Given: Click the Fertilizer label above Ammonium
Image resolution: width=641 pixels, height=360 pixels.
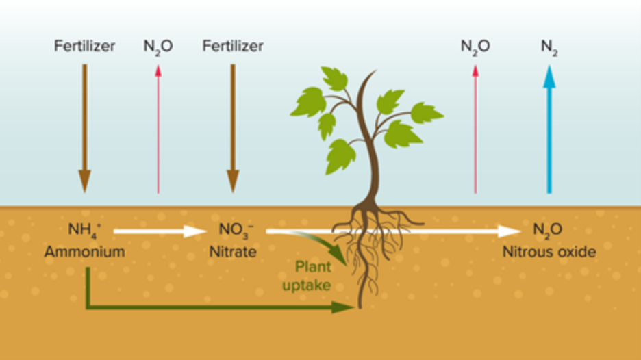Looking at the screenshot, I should click(x=84, y=47).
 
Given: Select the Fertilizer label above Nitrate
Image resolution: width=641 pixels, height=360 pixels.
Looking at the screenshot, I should click(x=232, y=47).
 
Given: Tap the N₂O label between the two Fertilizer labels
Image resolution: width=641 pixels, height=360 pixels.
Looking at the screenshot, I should click(x=158, y=47).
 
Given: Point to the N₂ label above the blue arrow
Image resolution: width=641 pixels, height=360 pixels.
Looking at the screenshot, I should click(x=549, y=47).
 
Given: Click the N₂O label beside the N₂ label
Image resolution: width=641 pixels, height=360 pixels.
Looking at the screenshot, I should click(x=475, y=47).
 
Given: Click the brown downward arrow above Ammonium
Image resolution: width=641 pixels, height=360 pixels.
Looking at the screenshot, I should click(x=84, y=127).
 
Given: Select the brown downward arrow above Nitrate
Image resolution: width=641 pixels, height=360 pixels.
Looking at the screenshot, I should click(x=232, y=127).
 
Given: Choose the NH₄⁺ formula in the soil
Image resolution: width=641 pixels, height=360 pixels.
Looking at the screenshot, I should click(x=84, y=229).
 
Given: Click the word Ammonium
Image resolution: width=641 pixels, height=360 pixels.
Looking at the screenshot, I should click(x=84, y=252).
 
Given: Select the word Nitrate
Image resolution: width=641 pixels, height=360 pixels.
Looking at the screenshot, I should click(x=233, y=252).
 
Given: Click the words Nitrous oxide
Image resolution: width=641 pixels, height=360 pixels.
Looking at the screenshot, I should click(x=549, y=252).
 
